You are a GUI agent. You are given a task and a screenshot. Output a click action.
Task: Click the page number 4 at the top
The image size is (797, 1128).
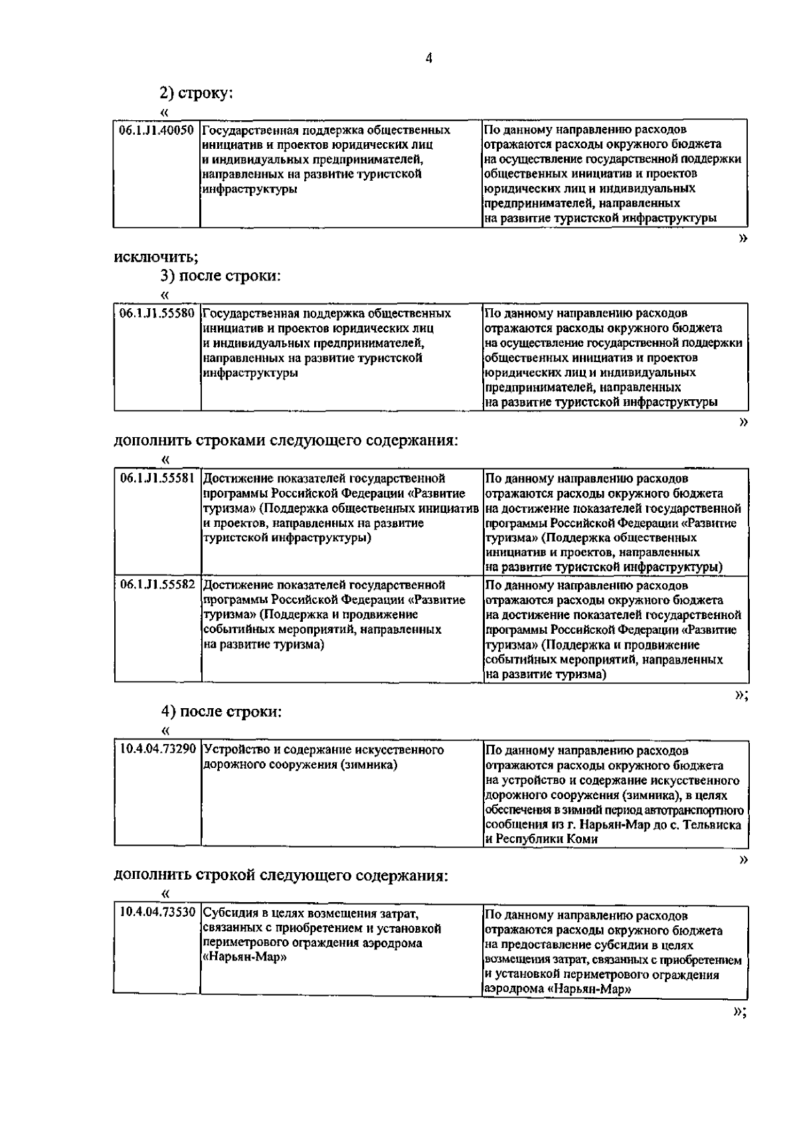coord(428,58)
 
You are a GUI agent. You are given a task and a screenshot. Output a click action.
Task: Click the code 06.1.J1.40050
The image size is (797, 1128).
coord(157,130)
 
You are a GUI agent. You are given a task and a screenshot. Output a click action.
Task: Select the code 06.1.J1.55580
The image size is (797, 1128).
coord(157,314)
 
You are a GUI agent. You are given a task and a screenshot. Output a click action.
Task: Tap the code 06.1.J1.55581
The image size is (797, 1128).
coord(157,479)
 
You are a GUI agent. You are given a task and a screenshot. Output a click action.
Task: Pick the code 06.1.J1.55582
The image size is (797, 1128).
coord(157,586)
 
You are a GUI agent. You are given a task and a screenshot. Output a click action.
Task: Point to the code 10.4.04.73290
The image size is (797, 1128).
coord(157,750)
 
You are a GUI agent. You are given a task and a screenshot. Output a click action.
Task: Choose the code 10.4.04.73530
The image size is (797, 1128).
coord(157,913)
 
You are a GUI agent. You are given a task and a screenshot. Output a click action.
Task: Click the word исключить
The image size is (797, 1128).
coord(155,257)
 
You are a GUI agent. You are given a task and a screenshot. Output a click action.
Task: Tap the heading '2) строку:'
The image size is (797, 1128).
coord(196,94)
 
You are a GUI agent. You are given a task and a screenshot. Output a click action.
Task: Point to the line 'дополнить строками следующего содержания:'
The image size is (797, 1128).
coord(286,441)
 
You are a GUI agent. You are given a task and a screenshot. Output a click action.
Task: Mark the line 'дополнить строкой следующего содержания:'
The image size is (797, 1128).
coord(281,876)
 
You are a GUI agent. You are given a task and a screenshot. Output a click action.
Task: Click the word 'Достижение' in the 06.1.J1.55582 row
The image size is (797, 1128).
coord(236,586)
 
